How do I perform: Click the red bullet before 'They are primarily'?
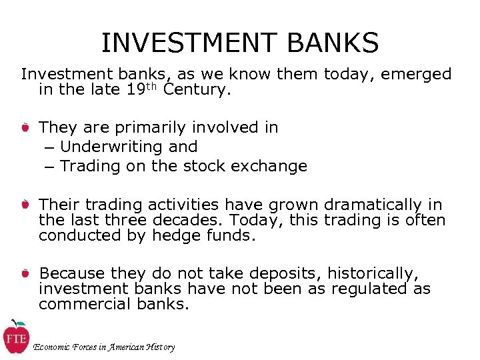point(24,127)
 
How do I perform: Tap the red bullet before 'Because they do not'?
point(24,273)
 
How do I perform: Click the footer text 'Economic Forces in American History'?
point(104,347)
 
